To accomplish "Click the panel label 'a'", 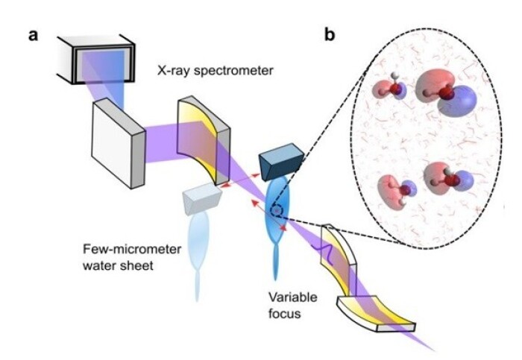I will (34, 35).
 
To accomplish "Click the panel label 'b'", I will (330, 34).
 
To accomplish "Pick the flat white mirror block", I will (118, 141).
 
